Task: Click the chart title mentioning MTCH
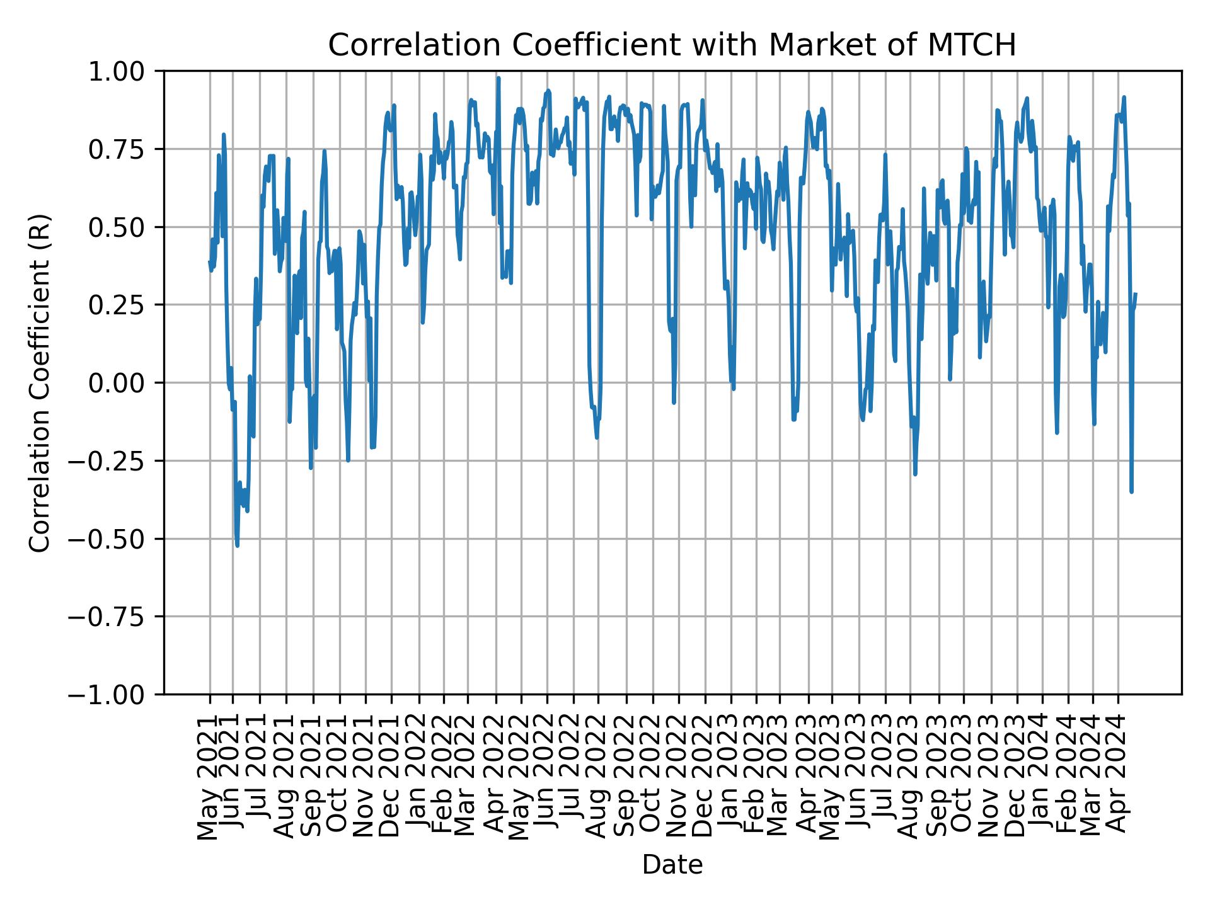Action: click(672, 45)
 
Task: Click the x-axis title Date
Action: click(672, 865)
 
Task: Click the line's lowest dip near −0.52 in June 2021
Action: click(237, 545)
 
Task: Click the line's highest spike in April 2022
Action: click(498, 78)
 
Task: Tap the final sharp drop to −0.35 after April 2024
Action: click(1131, 491)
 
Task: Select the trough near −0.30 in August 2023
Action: click(914, 474)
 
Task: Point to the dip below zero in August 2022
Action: click(596, 436)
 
